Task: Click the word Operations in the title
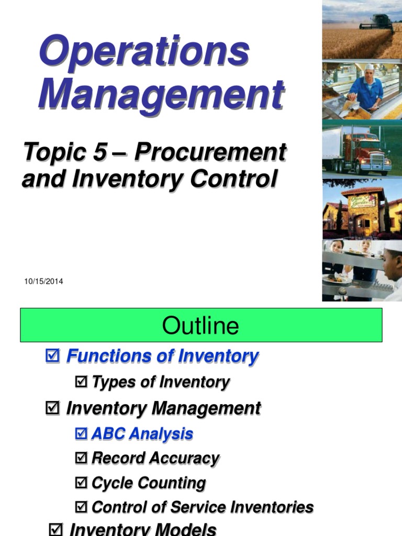(x=144, y=51)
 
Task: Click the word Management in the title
(x=161, y=95)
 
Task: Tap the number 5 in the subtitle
(x=100, y=152)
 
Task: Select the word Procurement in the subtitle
(x=210, y=152)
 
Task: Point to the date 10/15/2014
(x=43, y=282)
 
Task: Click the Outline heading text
(x=200, y=326)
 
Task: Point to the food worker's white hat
(x=370, y=67)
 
